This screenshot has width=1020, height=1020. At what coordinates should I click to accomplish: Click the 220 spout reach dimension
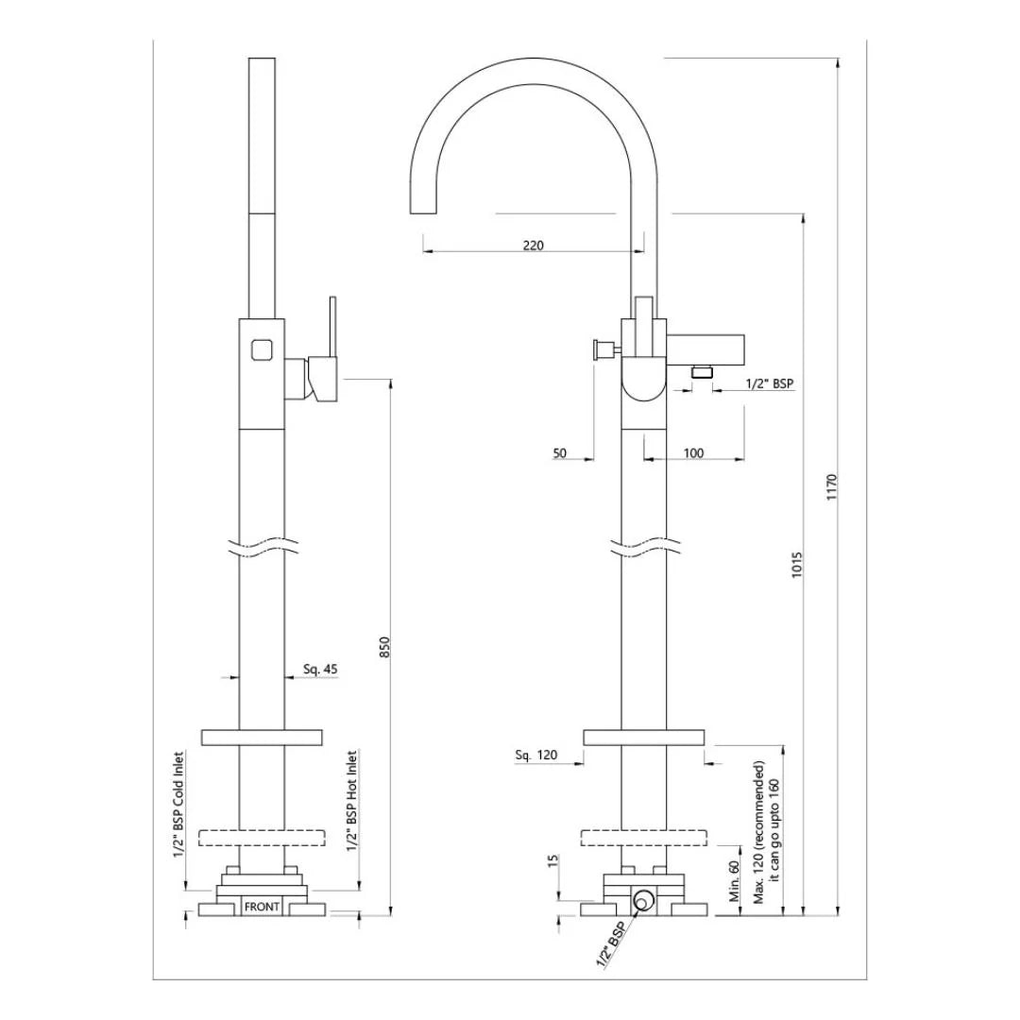pos(533,245)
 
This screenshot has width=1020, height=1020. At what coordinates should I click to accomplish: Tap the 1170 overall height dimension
pos(831,486)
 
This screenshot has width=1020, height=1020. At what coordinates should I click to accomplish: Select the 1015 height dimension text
pos(796,565)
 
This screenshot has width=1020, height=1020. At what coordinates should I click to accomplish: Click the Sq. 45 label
pos(320,669)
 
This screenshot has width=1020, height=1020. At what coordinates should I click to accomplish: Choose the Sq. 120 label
pos(536,755)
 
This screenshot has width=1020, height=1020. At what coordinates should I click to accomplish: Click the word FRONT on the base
pos(262,907)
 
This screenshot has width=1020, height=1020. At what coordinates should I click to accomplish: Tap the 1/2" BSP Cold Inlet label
pos(178,804)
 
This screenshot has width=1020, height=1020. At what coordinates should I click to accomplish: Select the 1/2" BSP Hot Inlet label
pos(351,802)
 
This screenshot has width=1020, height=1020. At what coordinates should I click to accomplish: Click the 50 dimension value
pos(560,453)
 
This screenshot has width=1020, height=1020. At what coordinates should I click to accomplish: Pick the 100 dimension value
pos(692,453)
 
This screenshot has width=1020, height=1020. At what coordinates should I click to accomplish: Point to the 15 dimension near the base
pos(553,861)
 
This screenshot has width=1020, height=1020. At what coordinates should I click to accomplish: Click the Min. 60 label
pos(733,882)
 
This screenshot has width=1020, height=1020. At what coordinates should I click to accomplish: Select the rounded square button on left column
pos(262,348)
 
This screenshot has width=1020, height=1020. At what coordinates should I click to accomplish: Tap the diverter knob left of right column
pos(601,349)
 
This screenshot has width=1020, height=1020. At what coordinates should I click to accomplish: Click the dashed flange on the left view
pos(262,837)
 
